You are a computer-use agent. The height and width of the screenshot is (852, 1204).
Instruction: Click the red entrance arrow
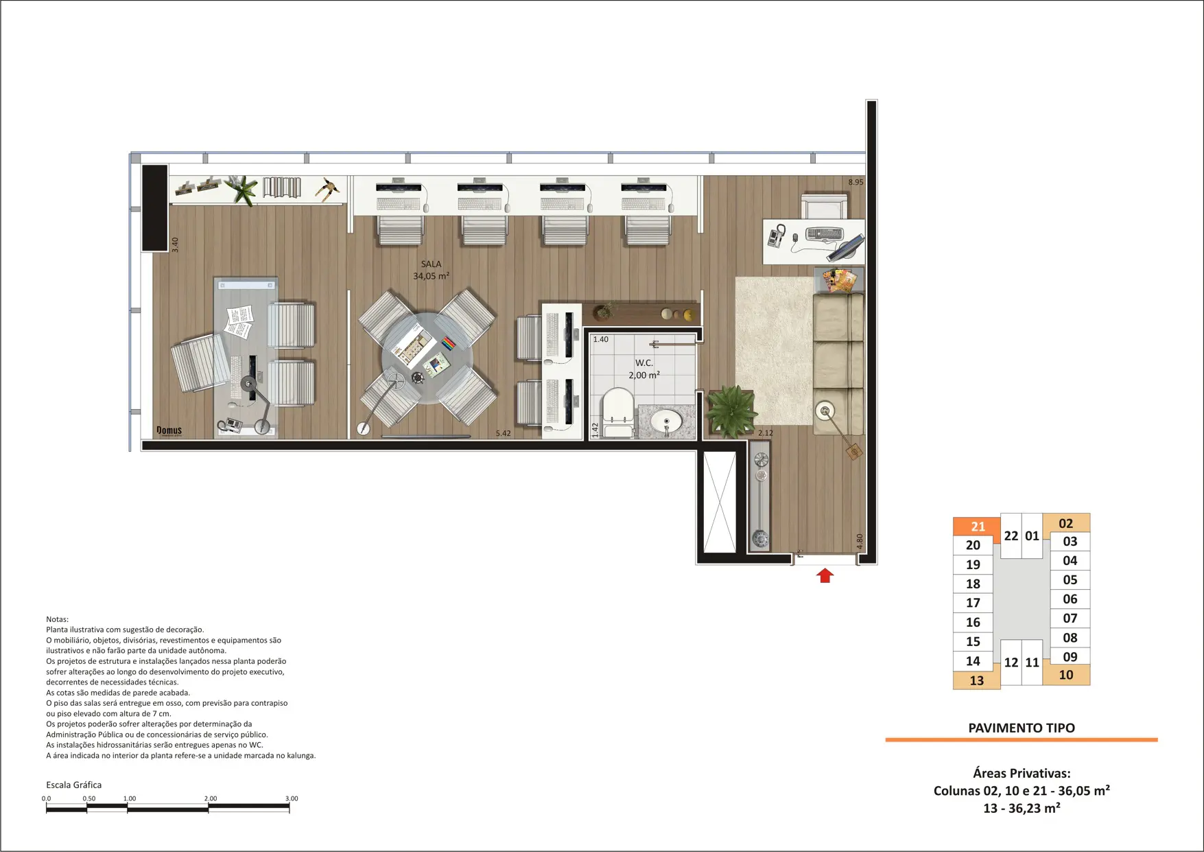point(825,575)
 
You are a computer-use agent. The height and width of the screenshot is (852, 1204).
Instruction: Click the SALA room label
point(431,264)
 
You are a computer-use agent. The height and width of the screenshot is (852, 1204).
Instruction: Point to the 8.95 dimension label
point(855,183)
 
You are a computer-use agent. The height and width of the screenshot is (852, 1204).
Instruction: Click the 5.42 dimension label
point(503,433)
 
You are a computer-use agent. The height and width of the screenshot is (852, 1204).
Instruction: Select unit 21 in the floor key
point(978,527)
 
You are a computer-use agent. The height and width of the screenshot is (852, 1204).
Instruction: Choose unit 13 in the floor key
point(976,680)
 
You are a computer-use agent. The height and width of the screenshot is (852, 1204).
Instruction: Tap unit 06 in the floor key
point(1070,599)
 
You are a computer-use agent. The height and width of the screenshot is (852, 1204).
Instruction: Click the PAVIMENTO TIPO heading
point(1022,728)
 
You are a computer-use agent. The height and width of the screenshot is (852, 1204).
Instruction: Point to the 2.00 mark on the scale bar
point(211,798)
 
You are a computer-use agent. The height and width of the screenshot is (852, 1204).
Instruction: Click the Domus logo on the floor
point(169,430)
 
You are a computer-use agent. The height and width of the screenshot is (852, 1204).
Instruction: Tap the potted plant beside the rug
point(731,411)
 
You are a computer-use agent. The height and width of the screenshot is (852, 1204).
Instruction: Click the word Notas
point(57,619)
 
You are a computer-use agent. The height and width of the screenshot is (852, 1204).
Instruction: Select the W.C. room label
point(644,363)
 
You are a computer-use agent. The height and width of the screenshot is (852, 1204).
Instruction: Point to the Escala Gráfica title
point(73,785)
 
